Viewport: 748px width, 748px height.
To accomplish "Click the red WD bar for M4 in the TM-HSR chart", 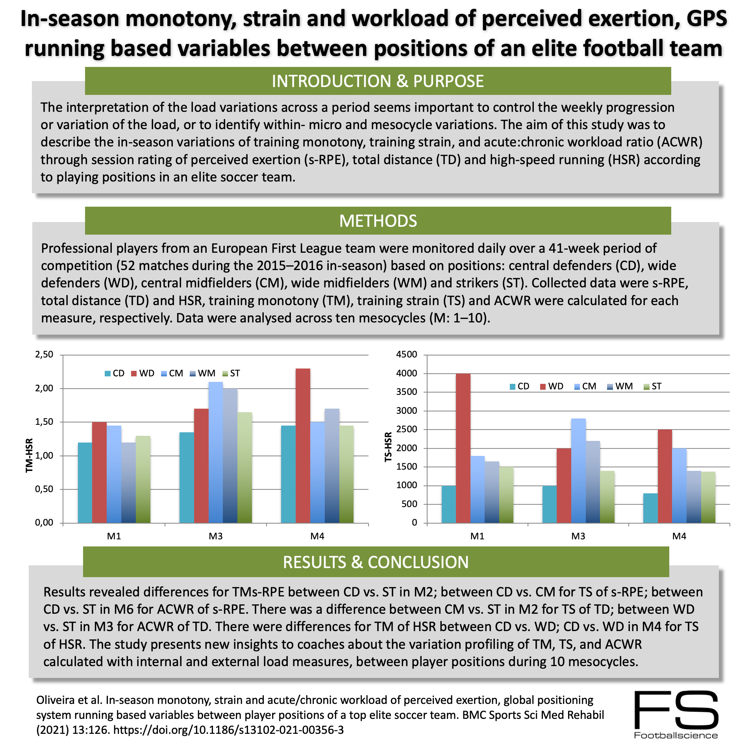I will point(303,445).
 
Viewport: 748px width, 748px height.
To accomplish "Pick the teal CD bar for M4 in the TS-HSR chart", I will point(650,508).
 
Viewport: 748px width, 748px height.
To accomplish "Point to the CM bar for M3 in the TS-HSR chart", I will point(578,470).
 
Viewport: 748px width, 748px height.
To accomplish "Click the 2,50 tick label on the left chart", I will point(44,354).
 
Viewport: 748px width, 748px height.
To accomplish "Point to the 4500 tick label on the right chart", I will point(407,354).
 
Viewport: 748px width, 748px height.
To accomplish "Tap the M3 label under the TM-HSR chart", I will point(216,536).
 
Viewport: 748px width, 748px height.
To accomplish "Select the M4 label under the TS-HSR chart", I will point(679,536).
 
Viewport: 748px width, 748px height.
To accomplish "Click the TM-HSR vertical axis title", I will point(29,455).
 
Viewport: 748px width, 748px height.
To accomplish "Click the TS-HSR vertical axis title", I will point(389,446).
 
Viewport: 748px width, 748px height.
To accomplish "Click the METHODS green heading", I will point(378,221).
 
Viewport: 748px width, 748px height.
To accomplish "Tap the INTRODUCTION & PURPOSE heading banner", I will point(378,81).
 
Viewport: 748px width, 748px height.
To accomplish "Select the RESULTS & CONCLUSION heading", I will point(376,562).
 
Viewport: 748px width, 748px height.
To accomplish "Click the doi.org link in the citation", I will point(228,730).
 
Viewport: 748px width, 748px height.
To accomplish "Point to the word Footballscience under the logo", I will point(676,735).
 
